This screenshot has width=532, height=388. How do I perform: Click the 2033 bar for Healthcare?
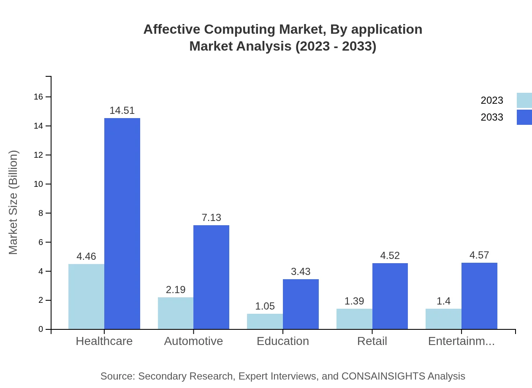click(x=122, y=224)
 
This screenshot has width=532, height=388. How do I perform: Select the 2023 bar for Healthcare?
click(x=86, y=296)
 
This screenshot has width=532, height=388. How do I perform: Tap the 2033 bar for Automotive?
click(x=211, y=277)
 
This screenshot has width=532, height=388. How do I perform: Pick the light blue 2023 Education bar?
click(x=265, y=321)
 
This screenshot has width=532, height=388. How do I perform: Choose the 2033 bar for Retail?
click(x=390, y=296)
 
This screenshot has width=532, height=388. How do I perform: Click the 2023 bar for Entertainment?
click(x=443, y=319)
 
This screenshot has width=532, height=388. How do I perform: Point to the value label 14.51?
click(x=122, y=110)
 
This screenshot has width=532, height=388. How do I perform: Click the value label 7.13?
click(x=211, y=218)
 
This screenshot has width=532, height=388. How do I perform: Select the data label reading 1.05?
click(x=265, y=306)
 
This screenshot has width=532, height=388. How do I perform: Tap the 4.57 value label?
click(x=479, y=255)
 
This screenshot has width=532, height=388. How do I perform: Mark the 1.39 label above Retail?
click(x=354, y=301)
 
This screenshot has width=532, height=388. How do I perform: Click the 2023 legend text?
click(x=492, y=100)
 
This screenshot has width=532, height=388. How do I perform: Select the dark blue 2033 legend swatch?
click(x=524, y=117)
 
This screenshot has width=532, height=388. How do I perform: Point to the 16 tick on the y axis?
click(x=38, y=97)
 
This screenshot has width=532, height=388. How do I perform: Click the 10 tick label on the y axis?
click(x=38, y=184)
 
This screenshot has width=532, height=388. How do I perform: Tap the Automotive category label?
click(x=193, y=341)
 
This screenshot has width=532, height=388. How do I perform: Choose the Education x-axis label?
click(x=283, y=341)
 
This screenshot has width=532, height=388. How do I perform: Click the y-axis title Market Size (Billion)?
click(x=14, y=202)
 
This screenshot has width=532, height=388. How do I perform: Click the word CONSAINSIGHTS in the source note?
click(x=383, y=376)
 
